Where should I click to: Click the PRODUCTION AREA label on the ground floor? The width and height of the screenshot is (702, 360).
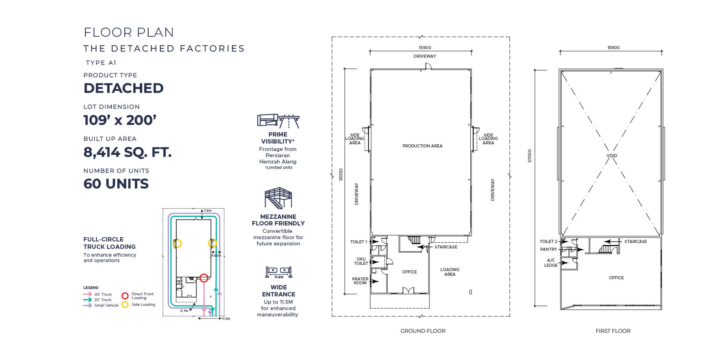[x=422, y=146]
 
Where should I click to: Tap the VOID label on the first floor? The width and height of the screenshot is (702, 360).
[x=612, y=156]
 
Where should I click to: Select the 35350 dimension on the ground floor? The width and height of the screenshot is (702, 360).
[x=341, y=174]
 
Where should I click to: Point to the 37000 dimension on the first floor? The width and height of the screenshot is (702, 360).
[x=530, y=156]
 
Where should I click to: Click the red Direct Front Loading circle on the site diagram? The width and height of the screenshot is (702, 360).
[x=204, y=278]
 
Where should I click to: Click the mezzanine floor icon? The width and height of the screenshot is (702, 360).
[x=278, y=198]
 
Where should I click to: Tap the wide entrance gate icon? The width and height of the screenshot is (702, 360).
[x=278, y=271]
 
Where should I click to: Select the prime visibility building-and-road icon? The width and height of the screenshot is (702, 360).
[x=278, y=121]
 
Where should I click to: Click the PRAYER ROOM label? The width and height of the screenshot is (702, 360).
[x=360, y=281]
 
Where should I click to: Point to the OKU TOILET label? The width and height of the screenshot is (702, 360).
[x=361, y=261]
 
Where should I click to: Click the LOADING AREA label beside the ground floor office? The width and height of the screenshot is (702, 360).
[x=450, y=272]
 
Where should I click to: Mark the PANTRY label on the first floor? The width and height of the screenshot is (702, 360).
[x=548, y=249]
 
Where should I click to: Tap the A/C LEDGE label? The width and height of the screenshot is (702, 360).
[x=551, y=262]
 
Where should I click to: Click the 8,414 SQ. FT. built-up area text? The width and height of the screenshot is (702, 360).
[x=128, y=152]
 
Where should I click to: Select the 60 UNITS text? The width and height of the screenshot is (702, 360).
[x=116, y=184]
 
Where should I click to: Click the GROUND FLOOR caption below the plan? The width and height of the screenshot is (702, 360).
[x=423, y=331]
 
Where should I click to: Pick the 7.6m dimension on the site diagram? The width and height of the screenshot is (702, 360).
[x=207, y=211]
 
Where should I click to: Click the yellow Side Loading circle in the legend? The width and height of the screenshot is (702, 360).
[x=125, y=305]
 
